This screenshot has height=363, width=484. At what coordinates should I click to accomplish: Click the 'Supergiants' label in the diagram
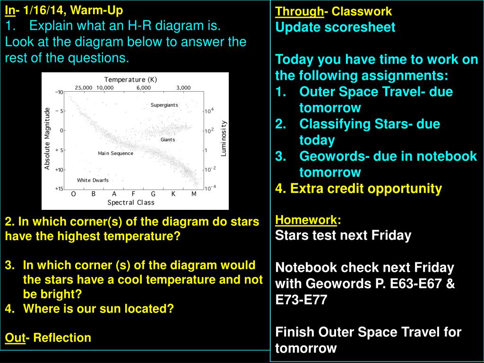[164, 105]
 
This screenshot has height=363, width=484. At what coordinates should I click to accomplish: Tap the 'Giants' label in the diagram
[168, 139]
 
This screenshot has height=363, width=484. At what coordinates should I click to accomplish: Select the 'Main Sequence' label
[115, 153]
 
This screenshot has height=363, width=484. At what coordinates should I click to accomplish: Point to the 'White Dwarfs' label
[93, 180]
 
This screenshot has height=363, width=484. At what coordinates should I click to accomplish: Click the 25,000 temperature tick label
[83, 87]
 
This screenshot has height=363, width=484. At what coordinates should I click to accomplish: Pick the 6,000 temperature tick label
[144, 87]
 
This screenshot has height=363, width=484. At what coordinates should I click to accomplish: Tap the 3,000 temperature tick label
[183, 87]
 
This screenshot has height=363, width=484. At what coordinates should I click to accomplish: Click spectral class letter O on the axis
[73, 194]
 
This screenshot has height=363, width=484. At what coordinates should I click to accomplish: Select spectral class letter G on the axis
[153, 194]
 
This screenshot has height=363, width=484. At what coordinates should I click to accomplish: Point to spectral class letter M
[193, 194]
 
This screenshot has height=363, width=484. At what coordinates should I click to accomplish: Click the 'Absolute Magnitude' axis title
[47, 138]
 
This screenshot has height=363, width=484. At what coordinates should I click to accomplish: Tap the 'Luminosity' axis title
[224, 138]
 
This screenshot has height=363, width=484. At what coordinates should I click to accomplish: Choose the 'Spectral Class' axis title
[131, 202]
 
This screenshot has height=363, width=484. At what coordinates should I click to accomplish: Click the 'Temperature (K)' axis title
[130, 79]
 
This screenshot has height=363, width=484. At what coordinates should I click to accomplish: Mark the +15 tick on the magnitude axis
[59, 189]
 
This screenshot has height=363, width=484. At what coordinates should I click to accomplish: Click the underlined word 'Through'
[299, 12]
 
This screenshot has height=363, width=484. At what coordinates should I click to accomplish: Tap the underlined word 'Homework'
[306, 220]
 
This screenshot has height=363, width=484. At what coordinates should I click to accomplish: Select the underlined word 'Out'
[15, 337]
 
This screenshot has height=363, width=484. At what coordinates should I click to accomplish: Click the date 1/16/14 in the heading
[45, 10]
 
